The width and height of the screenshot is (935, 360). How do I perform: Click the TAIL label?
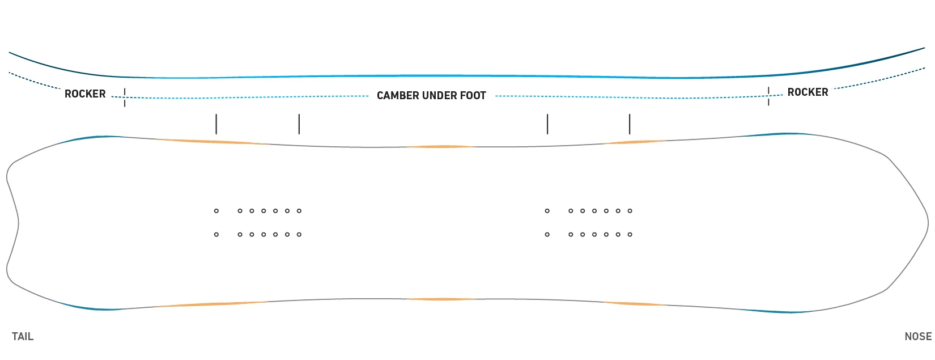coord(23,337)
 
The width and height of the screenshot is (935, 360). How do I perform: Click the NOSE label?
coord(918,337)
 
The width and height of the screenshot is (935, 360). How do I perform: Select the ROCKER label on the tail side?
coord(85,94)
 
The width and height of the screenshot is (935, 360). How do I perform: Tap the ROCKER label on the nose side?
coord(807,92)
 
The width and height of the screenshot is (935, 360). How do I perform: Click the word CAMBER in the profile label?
coord(398,96)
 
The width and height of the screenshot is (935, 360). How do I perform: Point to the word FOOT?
coord(473,96)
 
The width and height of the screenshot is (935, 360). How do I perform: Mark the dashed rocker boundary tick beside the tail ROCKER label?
coord(125,98)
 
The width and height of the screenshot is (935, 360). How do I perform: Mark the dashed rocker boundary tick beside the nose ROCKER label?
coord(768,96)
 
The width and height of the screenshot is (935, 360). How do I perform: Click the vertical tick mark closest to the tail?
coord(216,124)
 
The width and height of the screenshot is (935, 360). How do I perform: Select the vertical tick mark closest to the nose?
coord(630,124)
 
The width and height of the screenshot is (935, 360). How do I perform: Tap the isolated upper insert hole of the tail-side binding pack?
coord(216,211)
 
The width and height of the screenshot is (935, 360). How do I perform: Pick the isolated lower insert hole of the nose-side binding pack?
coord(547,235)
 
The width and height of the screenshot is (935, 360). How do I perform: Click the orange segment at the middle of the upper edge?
coord(440,147)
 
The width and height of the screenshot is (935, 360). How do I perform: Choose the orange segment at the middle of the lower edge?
coord(441,299)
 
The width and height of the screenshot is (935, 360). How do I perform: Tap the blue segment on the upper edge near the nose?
coord(780,134)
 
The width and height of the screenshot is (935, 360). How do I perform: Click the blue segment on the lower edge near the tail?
coord(90,307)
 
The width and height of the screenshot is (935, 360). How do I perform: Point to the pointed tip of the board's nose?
coord(928,224)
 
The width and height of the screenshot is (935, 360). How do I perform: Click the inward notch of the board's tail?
coord(18,223)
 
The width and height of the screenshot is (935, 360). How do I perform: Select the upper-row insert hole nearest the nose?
coord(630,211)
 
